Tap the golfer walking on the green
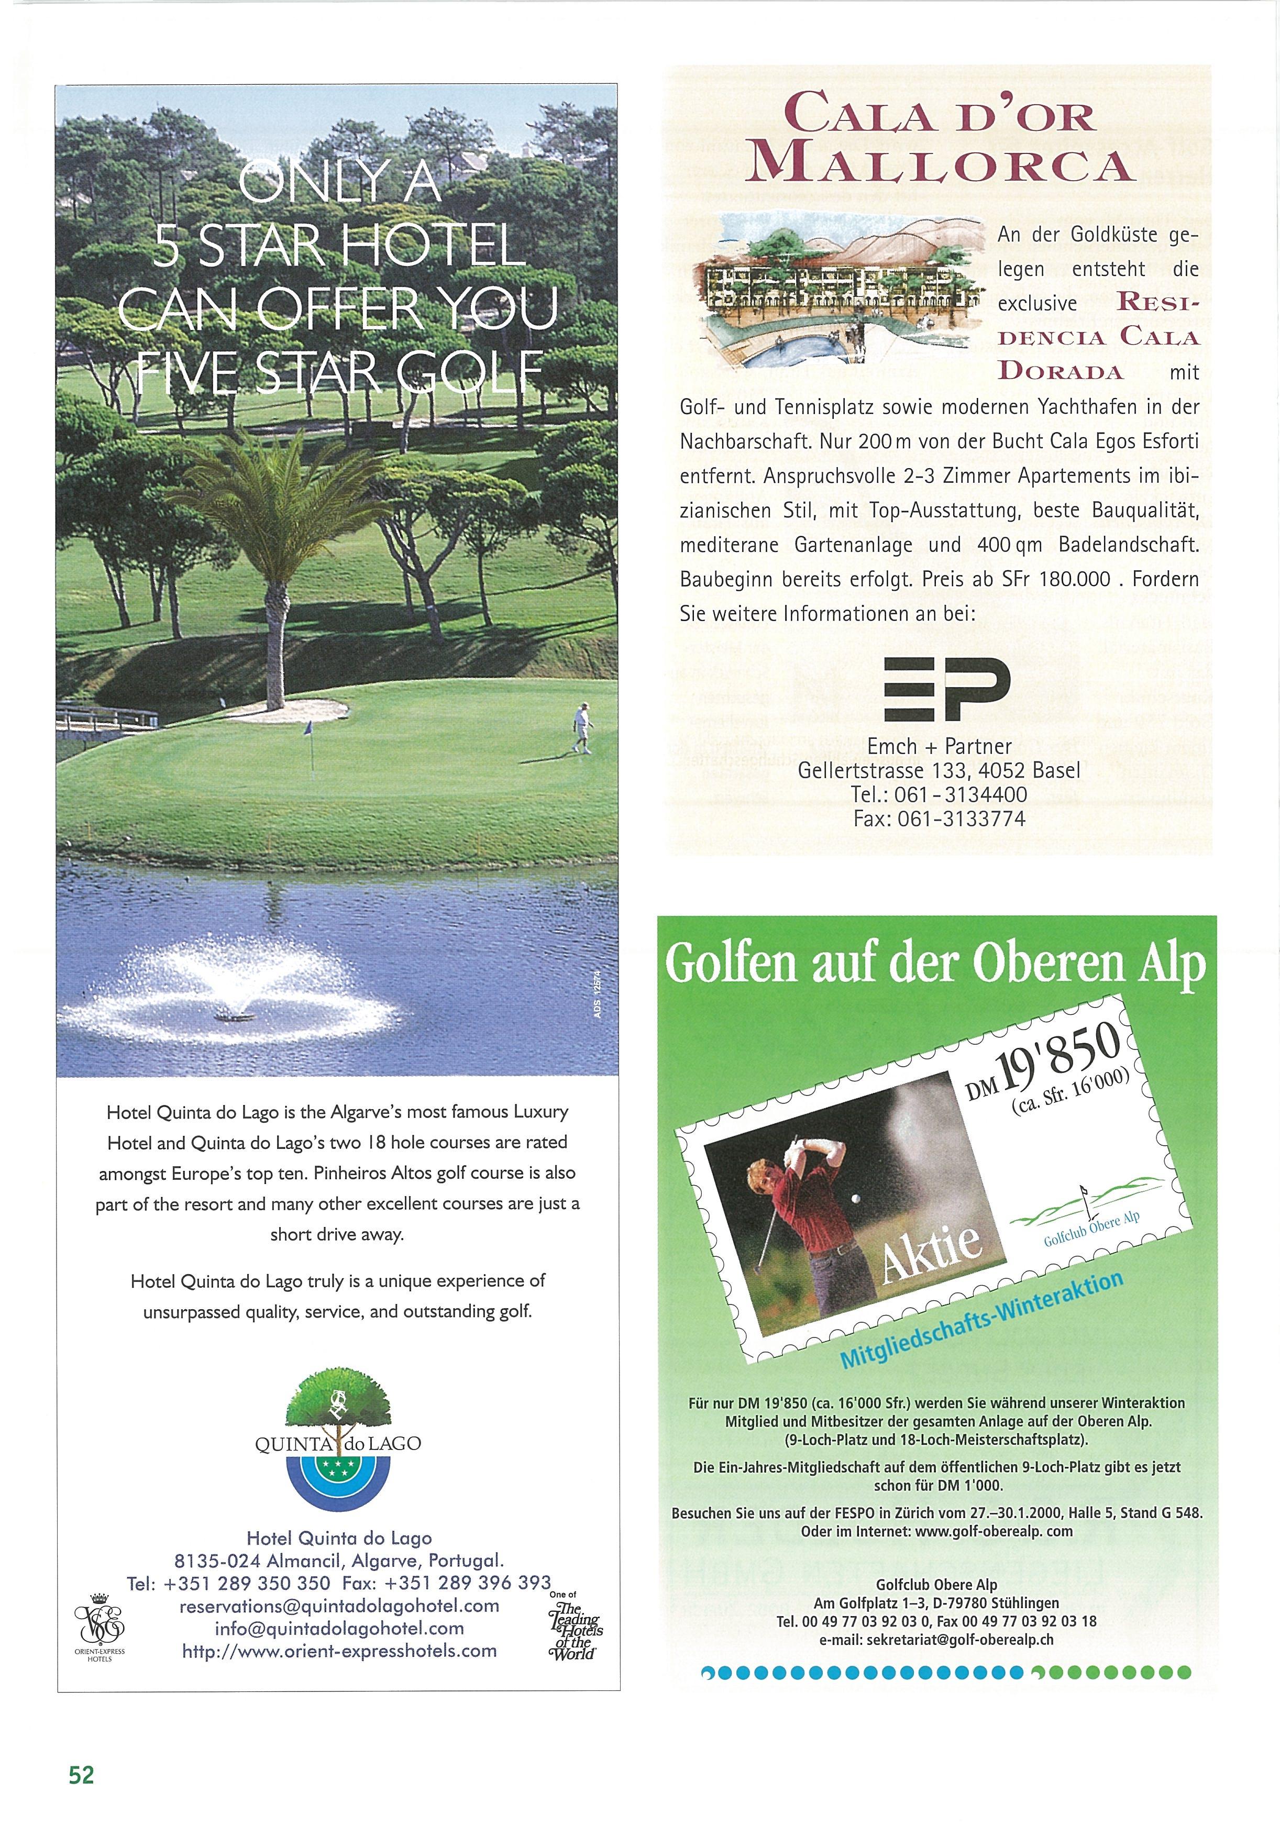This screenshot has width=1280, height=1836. tap(583, 727)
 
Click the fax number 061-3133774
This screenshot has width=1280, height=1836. tap(940, 818)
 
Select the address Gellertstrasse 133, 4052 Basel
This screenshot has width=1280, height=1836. tap(940, 770)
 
